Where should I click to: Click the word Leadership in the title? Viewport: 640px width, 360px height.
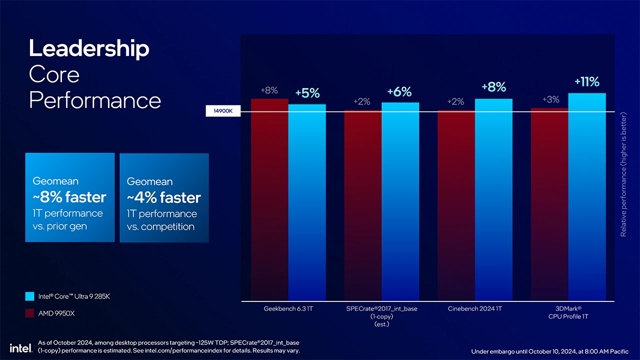click(x=89, y=49)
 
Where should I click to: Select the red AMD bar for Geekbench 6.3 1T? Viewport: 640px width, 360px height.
click(x=269, y=200)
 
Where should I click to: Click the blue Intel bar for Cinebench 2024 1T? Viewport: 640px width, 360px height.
click(x=493, y=200)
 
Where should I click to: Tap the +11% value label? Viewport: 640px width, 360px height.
click(x=586, y=82)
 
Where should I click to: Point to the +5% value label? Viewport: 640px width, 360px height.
click(x=307, y=93)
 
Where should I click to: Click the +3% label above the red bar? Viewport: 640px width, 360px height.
click(x=550, y=99)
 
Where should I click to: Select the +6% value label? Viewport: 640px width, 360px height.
click(x=399, y=92)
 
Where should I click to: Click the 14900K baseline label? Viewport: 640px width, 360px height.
click(x=223, y=111)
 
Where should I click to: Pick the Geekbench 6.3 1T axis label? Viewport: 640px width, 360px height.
click(x=288, y=309)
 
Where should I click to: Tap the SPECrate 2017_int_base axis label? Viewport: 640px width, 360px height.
click(x=381, y=309)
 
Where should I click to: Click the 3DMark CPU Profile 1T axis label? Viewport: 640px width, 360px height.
click(x=568, y=312)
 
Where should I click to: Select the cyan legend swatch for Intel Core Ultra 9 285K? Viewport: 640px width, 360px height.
click(x=29, y=296)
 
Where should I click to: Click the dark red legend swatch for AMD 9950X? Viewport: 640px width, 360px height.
click(x=29, y=313)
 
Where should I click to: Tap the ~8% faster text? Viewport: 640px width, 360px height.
click(x=69, y=197)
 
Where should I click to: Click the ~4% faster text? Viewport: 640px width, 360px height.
click(x=163, y=198)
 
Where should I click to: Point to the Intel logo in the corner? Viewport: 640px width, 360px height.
click(x=20, y=347)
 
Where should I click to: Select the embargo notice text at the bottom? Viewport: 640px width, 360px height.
click(x=549, y=351)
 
